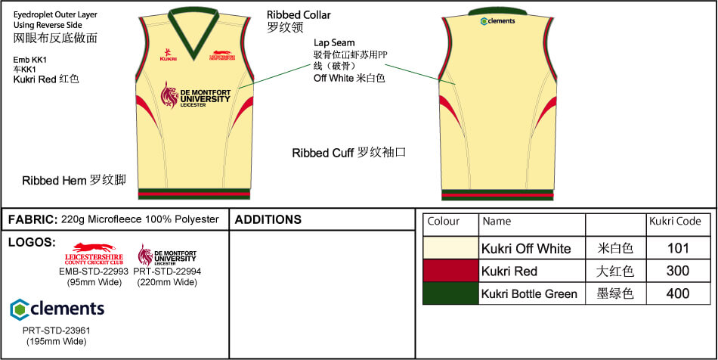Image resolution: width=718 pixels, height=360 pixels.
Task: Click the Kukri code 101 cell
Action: click(x=679, y=248)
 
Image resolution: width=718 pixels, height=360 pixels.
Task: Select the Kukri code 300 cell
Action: click(x=679, y=271)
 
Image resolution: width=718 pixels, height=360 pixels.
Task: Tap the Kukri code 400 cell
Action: click(x=679, y=293)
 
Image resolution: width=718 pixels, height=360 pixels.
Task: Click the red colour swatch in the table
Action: click(x=450, y=271)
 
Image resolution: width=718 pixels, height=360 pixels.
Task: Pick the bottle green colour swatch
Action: click(x=450, y=293)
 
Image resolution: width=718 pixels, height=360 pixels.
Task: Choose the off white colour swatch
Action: click(x=450, y=248)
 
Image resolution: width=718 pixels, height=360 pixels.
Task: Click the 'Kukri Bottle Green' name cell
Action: click(x=529, y=293)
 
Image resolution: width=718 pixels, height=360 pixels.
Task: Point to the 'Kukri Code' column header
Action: click(x=675, y=222)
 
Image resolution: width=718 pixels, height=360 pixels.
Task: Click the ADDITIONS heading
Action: click(x=268, y=220)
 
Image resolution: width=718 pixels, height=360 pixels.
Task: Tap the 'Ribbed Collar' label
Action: click(x=299, y=15)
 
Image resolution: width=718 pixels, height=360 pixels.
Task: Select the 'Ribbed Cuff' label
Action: click(x=325, y=153)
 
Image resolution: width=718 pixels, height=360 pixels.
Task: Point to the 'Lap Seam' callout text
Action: click(x=334, y=43)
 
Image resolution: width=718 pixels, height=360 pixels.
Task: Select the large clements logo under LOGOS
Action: click(x=57, y=309)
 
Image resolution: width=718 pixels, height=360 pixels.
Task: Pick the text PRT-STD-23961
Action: click(x=54, y=331)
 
